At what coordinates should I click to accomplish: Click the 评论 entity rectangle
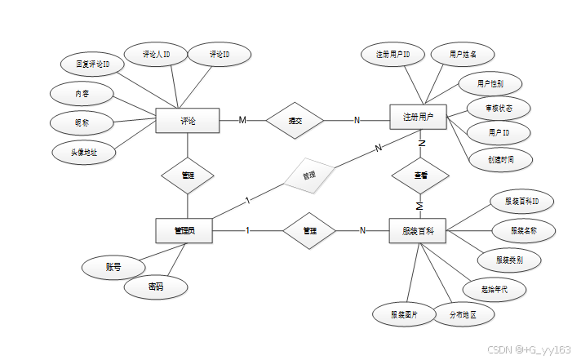[188, 121]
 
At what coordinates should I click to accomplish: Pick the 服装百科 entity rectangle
[418, 231]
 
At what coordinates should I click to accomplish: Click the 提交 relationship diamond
[295, 121]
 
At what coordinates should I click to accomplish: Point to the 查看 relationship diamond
[420, 175]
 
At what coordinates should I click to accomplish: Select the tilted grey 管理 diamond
[309, 176]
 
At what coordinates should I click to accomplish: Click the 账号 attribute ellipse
[113, 267]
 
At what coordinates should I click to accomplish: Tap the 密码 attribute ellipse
[156, 287]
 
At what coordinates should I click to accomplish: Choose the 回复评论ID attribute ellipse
[93, 63]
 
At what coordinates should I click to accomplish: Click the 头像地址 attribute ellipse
[82, 152]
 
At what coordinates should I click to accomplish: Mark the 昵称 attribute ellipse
[82, 122]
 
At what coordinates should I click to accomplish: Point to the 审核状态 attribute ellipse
[499, 107]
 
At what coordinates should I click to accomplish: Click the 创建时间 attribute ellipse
[500, 158]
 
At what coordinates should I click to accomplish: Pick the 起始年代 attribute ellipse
[495, 289]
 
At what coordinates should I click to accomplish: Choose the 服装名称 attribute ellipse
[523, 231]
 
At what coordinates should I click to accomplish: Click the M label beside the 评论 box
[242, 120]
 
